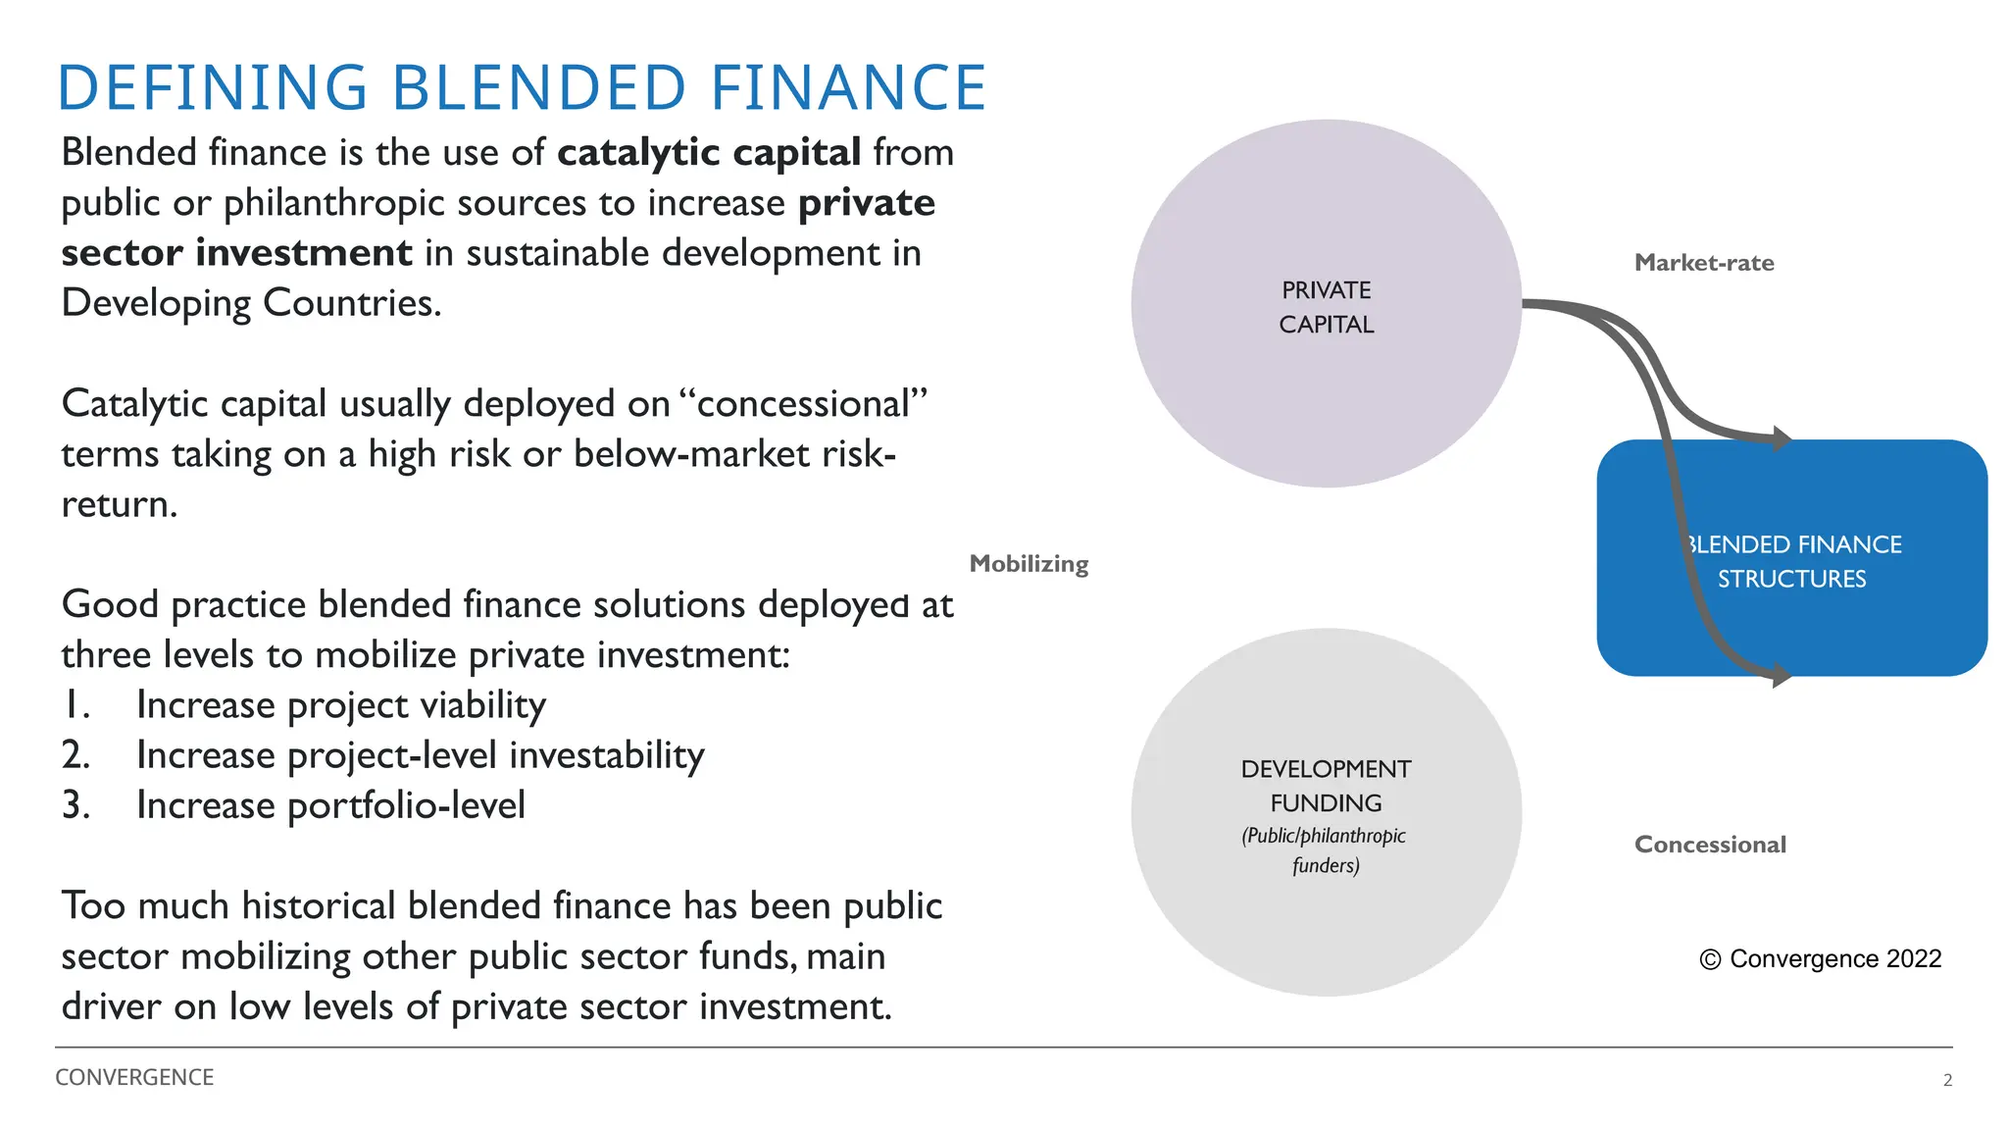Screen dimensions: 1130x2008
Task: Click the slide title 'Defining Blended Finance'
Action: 522,87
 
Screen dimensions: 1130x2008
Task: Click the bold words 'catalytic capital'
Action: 709,153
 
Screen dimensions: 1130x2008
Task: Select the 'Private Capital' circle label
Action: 1326,307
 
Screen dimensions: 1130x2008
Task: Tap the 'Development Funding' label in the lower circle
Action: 1326,786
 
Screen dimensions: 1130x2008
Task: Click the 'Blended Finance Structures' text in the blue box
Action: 1792,561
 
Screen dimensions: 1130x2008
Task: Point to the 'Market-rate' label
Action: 1704,263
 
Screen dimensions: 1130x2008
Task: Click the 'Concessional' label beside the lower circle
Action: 1710,845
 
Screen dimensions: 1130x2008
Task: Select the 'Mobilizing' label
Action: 1029,564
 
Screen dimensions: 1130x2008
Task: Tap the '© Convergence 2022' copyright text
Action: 1821,958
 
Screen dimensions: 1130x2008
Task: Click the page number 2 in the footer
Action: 1947,1080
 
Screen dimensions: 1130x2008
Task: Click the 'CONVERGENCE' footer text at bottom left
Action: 134,1077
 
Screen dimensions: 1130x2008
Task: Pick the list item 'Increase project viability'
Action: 340,705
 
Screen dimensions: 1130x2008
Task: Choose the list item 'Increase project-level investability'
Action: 420,755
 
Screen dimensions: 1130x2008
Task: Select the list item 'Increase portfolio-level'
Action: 330,805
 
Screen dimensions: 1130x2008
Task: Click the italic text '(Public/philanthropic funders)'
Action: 1325,850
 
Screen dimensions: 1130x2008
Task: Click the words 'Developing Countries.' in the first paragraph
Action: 251,303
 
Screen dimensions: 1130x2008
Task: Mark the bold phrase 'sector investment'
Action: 236,253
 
